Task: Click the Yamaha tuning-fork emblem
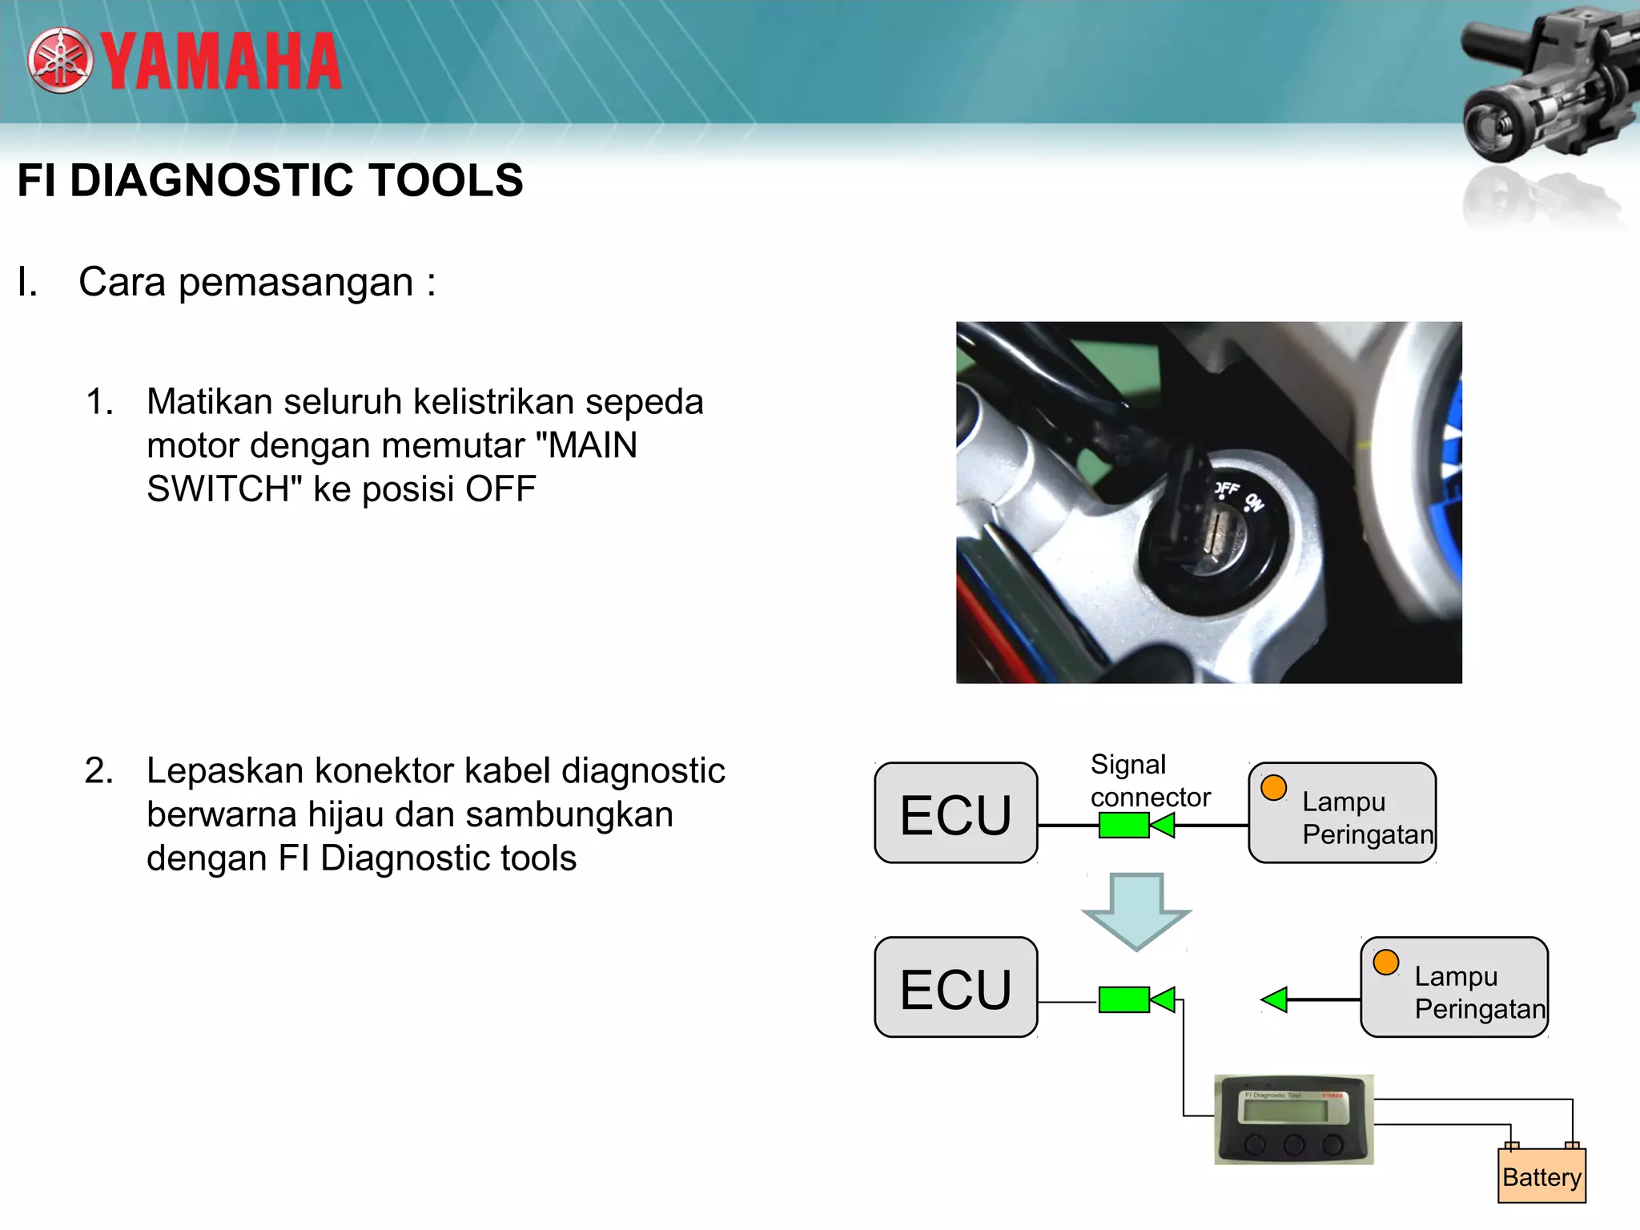point(60,61)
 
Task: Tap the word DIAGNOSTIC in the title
point(211,180)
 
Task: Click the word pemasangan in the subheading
point(295,283)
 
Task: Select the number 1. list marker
point(99,402)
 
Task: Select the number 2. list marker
point(99,771)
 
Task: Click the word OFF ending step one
point(500,489)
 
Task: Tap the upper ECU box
point(955,814)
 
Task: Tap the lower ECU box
point(955,988)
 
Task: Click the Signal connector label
point(1149,781)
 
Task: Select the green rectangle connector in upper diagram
point(1123,826)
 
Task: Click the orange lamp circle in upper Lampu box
point(1273,788)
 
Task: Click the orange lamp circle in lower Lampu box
point(1385,963)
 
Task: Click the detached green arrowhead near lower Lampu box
point(1274,999)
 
